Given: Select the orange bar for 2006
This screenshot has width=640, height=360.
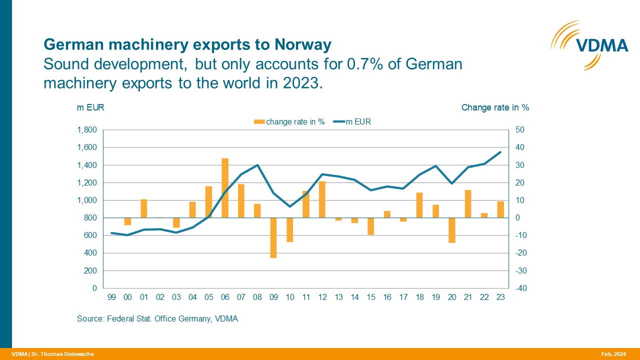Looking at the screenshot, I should tap(225, 188).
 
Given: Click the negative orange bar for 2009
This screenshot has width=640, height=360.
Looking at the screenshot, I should tap(273, 237).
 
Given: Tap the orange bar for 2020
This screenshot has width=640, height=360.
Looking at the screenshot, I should tap(452, 230).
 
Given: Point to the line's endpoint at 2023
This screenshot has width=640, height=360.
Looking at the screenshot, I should tap(500, 152).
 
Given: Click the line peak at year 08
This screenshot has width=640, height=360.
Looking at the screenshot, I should tap(257, 165).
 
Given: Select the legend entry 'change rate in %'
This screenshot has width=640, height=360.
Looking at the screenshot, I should tap(290, 121).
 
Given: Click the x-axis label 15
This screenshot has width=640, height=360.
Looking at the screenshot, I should tap(371, 297).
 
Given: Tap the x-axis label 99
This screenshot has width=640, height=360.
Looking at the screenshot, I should tap(111, 297).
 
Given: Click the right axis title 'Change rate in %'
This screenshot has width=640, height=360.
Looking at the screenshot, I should tap(494, 107).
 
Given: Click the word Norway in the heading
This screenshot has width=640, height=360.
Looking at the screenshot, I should tap(303, 45).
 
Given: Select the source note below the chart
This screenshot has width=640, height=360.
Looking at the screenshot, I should tap(157, 318).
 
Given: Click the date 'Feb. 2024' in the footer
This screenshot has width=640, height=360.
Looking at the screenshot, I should tap(613, 354).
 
